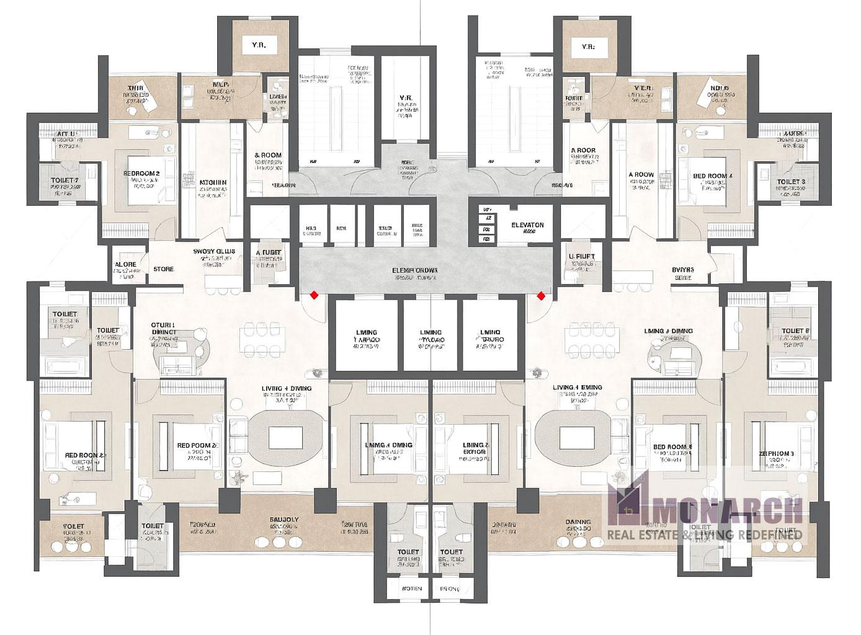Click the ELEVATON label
coord(527,225)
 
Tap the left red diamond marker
coord(315,295)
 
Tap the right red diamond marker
coord(541,296)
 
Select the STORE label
coord(164,269)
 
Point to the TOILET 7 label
coord(64,181)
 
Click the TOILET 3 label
coord(791,182)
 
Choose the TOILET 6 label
coord(795,331)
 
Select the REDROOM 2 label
coord(141,174)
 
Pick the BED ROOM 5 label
coord(672,446)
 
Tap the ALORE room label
coord(126,265)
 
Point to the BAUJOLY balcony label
coord(284,520)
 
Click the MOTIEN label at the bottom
coord(412,588)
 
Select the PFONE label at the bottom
coord(450,588)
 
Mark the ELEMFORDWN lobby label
coord(415,270)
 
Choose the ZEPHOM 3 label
coord(776,454)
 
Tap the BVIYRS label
coord(682,270)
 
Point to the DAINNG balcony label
coord(578,522)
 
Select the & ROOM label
coord(268,155)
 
